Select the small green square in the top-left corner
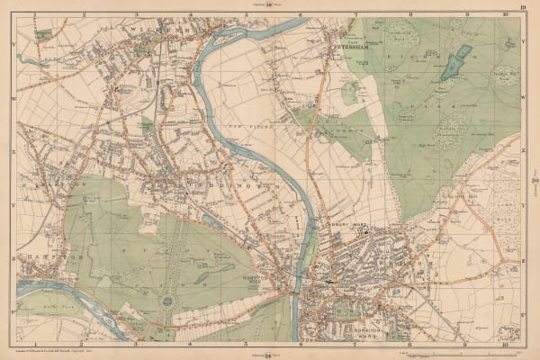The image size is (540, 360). pyautogui.click(x=43, y=34)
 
